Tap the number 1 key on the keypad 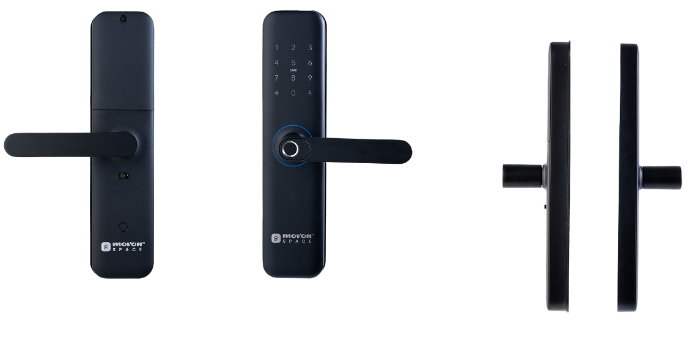276,48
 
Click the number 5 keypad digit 293,63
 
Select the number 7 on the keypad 276,78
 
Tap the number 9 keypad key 310,78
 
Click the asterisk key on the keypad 276,93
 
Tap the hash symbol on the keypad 310,93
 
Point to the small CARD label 293,70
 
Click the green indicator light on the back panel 123,176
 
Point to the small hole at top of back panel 123,18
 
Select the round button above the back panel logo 123,227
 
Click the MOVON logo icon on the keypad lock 276,238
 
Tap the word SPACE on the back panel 127,249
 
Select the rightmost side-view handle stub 662,178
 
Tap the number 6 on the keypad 310,63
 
